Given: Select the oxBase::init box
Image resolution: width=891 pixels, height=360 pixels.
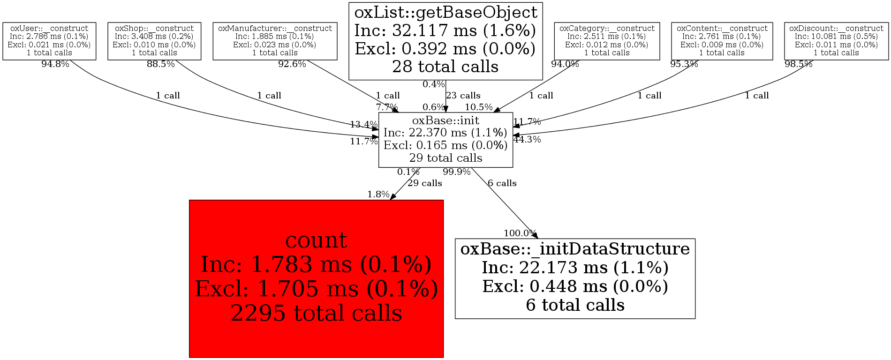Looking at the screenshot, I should tap(445, 140).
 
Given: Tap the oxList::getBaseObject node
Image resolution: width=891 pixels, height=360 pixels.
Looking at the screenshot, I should tap(445, 40).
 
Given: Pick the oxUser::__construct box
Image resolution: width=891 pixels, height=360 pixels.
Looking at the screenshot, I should tap(49, 41).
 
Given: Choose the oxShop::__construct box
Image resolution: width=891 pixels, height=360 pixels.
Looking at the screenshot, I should tap(154, 41).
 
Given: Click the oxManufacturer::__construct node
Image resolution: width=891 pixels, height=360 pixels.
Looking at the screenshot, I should tap(275, 41).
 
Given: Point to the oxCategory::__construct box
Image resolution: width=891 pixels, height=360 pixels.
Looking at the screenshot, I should tap(607, 41).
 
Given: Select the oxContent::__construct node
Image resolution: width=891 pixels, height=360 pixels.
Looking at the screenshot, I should tap(722, 41).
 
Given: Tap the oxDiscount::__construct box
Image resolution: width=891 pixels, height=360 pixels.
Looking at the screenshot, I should tap(836, 41).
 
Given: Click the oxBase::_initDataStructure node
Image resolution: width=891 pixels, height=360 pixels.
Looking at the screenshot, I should tap(575, 278).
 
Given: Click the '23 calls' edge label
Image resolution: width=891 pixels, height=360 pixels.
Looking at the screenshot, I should tap(463, 96).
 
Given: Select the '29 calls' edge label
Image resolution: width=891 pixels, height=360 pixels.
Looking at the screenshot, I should tap(424, 183).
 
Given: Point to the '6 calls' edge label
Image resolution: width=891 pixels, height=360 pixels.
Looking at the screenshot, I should tap(502, 183).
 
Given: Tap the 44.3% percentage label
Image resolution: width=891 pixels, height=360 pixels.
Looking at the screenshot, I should tap(527, 139).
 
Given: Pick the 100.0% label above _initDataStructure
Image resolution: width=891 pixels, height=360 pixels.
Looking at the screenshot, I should tap(520, 233).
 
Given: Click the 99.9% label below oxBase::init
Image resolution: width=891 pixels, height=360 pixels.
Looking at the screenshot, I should tap(456, 172).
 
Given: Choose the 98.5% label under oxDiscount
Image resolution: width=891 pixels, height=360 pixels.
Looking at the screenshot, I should tap(798, 64).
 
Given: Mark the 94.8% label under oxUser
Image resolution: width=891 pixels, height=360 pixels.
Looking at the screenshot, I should tap(55, 64).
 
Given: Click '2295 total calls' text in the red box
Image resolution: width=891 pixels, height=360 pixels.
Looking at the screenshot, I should tap(316, 313).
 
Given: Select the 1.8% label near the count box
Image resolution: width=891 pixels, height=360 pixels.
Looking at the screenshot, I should tap(378, 194).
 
